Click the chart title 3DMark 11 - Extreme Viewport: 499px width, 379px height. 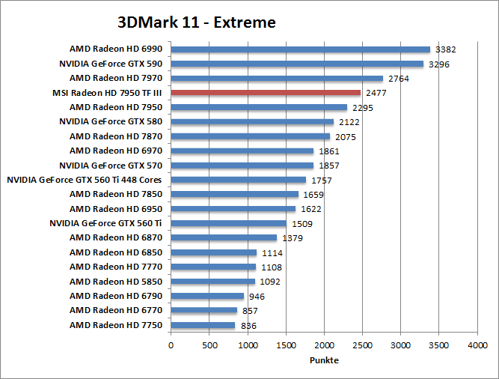click(197, 22)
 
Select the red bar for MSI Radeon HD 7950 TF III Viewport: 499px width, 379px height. click(266, 92)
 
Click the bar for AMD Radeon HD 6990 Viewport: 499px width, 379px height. click(300, 49)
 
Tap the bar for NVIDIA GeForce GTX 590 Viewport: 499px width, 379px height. click(297, 64)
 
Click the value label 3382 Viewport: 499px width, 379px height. click(447, 50)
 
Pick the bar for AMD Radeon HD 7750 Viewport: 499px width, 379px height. click(203, 325)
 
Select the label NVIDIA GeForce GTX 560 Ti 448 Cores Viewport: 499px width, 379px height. click(85, 180)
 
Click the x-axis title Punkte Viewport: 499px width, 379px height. click(324, 360)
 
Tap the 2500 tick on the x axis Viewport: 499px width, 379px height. click(362, 346)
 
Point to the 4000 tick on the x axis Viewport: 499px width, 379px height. click(477, 346)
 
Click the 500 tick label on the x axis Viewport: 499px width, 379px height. click(209, 346)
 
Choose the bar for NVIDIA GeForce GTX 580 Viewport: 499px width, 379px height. click(252, 121)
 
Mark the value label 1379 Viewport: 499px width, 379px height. click(293, 238)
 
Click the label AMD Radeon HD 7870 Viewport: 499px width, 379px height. click(116, 136)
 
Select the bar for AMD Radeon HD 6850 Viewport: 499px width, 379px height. click(213, 252)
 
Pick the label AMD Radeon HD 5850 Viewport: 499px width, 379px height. click(116, 282)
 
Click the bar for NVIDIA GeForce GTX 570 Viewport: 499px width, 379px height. click(242, 165)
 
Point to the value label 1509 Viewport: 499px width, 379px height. click(302, 224)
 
